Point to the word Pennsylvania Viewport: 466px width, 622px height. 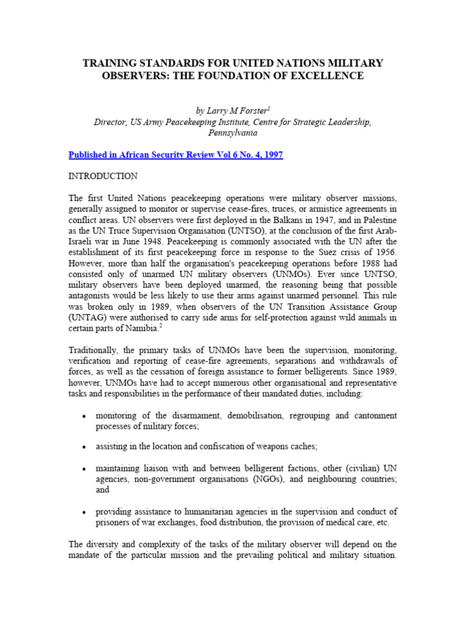point(232,133)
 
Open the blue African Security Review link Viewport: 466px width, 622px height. point(177,155)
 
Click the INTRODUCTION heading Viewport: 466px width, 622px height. point(104,176)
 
